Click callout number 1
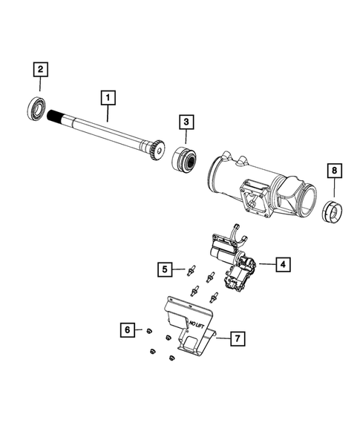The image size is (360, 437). (108, 96)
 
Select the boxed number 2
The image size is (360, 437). (40, 70)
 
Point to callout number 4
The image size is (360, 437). (283, 263)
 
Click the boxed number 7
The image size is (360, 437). (236, 339)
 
